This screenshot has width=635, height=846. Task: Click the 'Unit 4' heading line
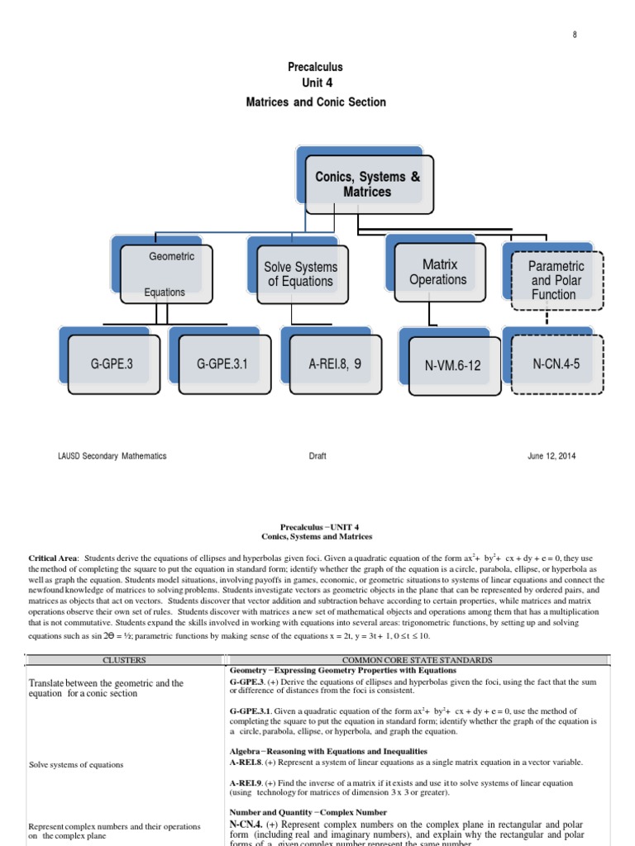pyautogui.click(x=317, y=84)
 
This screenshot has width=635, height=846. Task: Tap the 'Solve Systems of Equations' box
pyautogui.click(x=300, y=274)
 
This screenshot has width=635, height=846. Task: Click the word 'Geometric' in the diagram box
pyautogui.click(x=171, y=257)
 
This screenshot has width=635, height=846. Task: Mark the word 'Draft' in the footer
pyautogui.click(x=317, y=455)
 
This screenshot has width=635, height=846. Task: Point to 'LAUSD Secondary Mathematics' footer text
pyautogui.click(x=112, y=455)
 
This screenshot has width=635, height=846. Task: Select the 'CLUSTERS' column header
pyautogui.click(x=124, y=660)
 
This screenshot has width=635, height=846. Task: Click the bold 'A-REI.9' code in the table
pyautogui.click(x=246, y=783)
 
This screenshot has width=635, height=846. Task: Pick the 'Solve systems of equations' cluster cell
pyautogui.click(x=76, y=765)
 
